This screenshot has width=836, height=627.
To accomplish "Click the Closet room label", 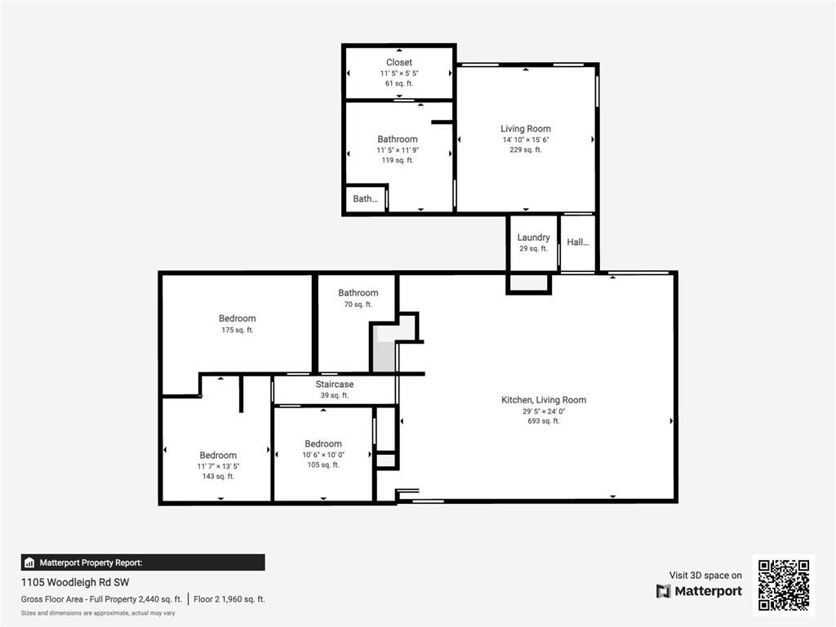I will click(398, 62).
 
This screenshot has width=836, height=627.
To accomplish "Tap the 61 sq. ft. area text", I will click(398, 83).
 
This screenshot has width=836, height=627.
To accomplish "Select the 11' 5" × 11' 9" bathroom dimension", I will click(398, 150).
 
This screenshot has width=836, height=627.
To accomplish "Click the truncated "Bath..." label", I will click(365, 198).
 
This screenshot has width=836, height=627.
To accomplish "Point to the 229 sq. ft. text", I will click(526, 150).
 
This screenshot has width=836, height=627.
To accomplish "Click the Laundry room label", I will click(533, 238).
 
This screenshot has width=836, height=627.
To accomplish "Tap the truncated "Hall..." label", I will click(577, 242).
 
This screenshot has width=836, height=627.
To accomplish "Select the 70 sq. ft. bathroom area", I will click(358, 305).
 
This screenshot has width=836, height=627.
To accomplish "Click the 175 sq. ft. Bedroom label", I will click(237, 318).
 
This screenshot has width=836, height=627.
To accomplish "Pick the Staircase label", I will click(335, 385).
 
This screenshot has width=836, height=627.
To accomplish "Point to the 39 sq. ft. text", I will click(335, 395).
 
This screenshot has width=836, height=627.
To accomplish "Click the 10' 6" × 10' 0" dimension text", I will click(323, 455).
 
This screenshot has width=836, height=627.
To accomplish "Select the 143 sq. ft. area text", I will click(218, 476).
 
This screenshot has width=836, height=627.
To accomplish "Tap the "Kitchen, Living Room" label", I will click(544, 400).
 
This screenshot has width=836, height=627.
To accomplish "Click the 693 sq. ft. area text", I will click(544, 421).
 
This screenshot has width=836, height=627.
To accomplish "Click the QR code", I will click(783, 585).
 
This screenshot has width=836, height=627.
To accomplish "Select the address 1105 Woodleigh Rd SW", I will click(75, 582).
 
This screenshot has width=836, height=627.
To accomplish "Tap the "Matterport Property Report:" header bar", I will click(143, 563).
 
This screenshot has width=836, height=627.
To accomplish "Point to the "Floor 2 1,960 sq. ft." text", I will click(229, 599).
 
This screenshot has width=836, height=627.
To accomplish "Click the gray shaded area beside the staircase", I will click(384, 358).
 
